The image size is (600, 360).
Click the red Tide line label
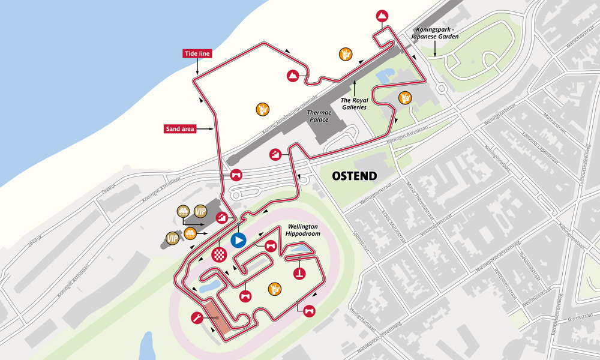[197, 54]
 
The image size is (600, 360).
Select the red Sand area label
[179, 128]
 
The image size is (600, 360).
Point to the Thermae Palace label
[319, 116]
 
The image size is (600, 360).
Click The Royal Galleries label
[354, 104]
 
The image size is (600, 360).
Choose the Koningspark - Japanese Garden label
[434, 32]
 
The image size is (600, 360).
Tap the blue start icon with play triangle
[238, 241]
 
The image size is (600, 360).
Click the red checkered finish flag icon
[220, 255]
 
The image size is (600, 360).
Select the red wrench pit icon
[196, 318]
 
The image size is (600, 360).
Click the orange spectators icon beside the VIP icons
[190, 233]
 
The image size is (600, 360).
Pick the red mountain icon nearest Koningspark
[382, 16]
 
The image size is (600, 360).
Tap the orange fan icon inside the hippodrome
[274, 289]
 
